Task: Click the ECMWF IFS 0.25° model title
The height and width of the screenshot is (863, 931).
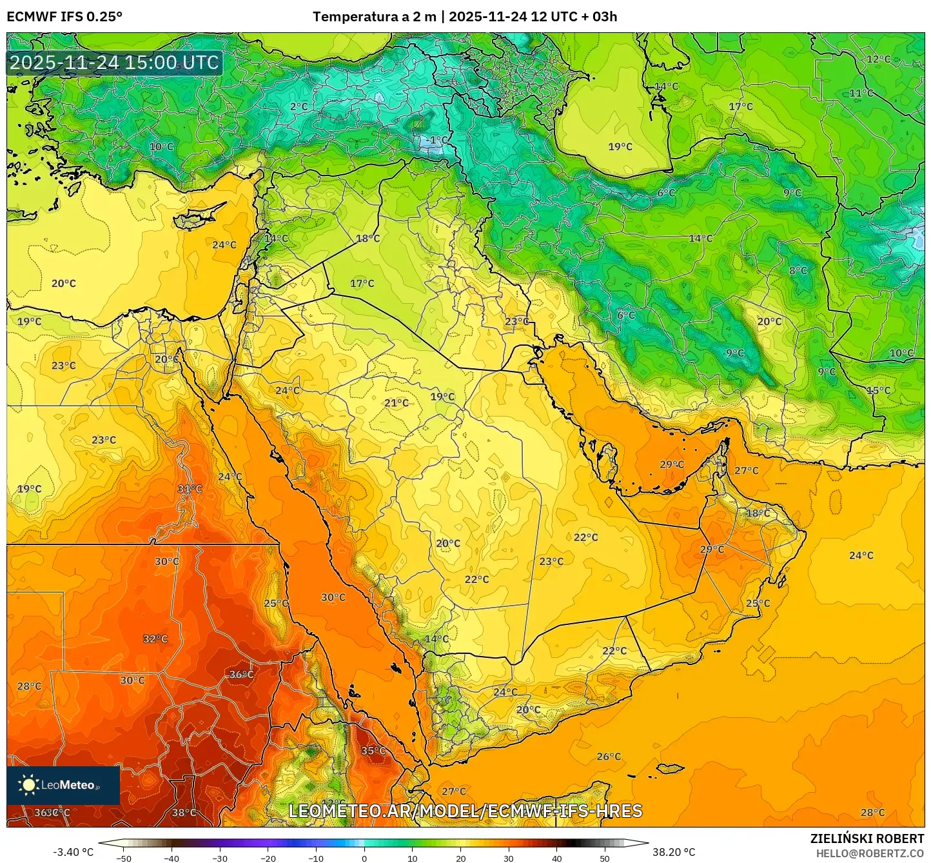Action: point(64,17)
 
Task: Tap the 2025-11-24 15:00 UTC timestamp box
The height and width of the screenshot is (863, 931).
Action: point(114,63)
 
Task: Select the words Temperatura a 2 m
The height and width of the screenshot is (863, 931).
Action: point(374,17)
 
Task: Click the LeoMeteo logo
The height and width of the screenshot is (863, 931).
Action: point(63,785)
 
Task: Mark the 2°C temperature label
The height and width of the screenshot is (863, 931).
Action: point(299,106)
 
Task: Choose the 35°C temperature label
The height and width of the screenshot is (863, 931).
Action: point(373,751)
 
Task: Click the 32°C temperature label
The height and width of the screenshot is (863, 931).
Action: point(155,639)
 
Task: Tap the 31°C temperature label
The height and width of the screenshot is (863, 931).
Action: point(190,489)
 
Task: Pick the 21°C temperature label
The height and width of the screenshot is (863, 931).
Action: point(397,403)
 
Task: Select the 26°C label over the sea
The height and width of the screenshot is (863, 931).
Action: point(609,757)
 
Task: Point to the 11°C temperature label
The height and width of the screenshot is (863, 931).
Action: point(861,94)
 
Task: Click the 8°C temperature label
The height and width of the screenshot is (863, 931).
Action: point(798,271)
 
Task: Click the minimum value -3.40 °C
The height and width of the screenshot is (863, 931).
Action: point(73,852)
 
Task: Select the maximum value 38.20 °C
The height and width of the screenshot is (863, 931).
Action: point(674,852)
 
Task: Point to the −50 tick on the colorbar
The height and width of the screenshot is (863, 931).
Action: point(123,858)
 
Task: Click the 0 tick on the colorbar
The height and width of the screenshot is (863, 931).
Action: point(364,858)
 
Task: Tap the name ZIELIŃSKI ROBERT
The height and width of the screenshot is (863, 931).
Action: point(867,838)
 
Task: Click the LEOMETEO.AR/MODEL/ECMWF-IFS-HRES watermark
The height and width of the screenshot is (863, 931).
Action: point(465,811)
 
